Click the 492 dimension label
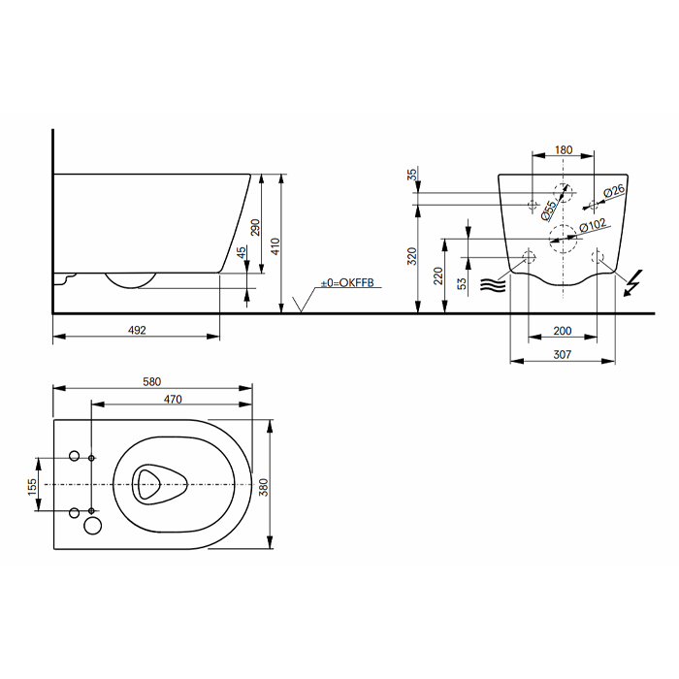coord(137,331)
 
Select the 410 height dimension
coord(275,246)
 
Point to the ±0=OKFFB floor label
coord(346,284)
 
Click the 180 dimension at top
coord(564,150)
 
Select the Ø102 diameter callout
coord(593,225)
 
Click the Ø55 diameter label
coord(548,208)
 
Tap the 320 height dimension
coord(412,256)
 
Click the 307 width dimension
coord(563,355)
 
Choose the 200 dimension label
coord(563,331)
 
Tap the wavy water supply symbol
coord(492,284)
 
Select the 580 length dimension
coord(151,381)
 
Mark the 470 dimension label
coord(172,399)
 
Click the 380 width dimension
coord(264,484)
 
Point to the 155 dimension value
coord(32,483)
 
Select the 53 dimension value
coord(463,283)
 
